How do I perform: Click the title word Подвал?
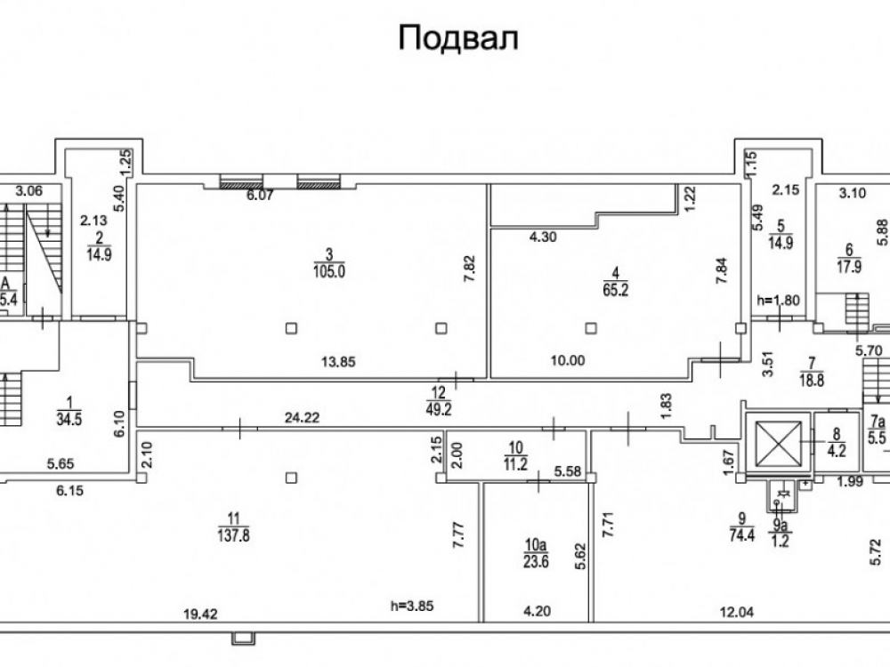click(x=458, y=38)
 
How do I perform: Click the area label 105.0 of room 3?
click(x=329, y=271)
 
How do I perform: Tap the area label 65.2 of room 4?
click(x=616, y=291)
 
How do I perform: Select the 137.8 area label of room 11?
click(x=233, y=534)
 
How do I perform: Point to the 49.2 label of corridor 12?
click(x=439, y=409)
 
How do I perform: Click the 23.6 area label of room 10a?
click(x=536, y=561)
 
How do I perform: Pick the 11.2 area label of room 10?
click(x=515, y=464)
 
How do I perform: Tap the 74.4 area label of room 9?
click(x=742, y=534)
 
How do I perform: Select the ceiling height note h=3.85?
click(x=412, y=606)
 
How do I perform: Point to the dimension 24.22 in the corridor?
click(x=302, y=418)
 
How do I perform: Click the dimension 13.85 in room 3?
click(x=338, y=361)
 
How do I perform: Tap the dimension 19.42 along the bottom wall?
click(x=201, y=614)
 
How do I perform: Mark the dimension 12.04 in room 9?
click(x=736, y=613)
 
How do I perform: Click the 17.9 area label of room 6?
click(x=849, y=266)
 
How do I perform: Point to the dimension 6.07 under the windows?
click(x=261, y=195)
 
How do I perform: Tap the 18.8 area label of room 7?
click(x=812, y=380)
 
